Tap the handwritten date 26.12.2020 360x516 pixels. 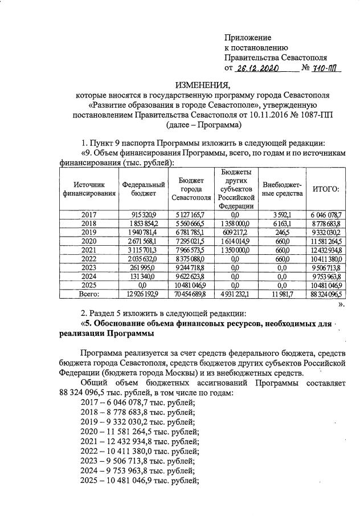click(260, 68)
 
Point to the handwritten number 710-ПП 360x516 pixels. click(328, 68)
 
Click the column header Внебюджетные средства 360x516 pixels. click(281, 189)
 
